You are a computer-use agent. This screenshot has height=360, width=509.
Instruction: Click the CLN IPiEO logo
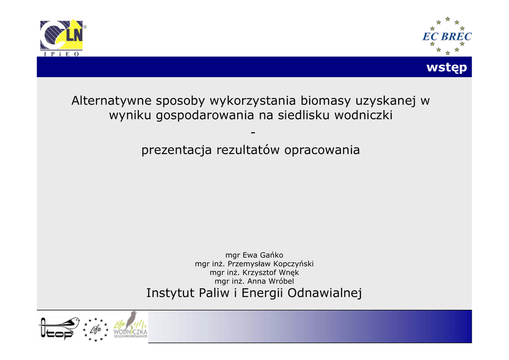(x=63, y=38)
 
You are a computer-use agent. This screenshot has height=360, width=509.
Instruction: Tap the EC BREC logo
(x=447, y=36)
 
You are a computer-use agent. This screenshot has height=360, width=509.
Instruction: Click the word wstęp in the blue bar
(x=447, y=68)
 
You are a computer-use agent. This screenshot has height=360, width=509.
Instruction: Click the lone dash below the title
(x=253, y=132)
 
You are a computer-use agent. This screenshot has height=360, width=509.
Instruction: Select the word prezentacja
(x=176, y=150)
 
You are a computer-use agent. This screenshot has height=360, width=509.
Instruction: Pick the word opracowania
(x=322, y=150)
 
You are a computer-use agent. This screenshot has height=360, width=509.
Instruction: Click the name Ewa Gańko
(x=263, y=255)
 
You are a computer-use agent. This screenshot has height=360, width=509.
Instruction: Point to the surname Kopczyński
(x=293, y=264)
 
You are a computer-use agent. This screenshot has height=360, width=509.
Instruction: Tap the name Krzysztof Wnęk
(x=270, y=272)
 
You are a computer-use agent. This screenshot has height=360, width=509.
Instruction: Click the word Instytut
(x=170, y=293)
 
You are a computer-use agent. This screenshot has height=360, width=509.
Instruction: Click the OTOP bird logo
(x=59, y=328)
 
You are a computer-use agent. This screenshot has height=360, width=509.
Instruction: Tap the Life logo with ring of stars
(x=95, y=330)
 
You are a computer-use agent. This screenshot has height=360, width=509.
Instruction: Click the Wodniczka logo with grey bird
(x=130, y=325)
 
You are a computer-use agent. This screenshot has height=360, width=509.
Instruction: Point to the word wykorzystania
(x=253, y=101)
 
